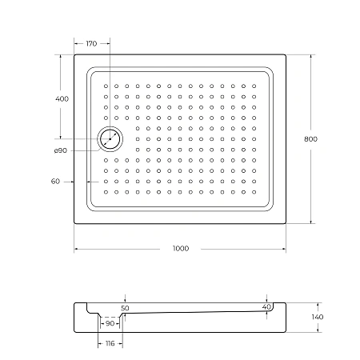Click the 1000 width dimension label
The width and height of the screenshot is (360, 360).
(180, 249)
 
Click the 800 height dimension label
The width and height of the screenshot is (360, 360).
(311, 139)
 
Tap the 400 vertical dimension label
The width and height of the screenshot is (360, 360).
(62, 98)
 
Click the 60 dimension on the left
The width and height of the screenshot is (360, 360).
(55, 182)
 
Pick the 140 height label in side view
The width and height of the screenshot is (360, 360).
(318, 318)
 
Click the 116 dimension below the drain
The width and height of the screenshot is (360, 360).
(110, 343)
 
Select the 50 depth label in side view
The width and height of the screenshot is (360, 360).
(124, 308)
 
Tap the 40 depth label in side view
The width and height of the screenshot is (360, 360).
(266, 307)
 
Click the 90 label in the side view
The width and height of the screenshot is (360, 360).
(110, 323)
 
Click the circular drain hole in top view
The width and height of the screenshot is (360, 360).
(110, 140)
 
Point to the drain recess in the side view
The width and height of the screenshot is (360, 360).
(110, 318)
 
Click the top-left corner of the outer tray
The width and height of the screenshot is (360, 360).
(75, 55)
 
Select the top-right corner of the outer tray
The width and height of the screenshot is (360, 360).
(286, 55)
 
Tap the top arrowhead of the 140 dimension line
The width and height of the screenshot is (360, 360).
(318, 305)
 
